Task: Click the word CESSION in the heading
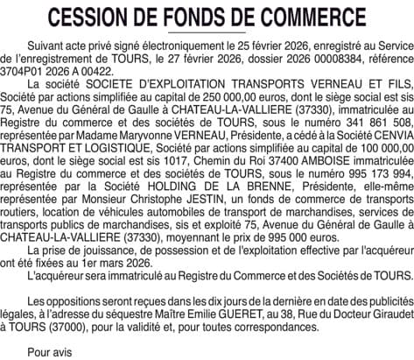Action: pos(94,18)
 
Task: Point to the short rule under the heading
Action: pos(207,35)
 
